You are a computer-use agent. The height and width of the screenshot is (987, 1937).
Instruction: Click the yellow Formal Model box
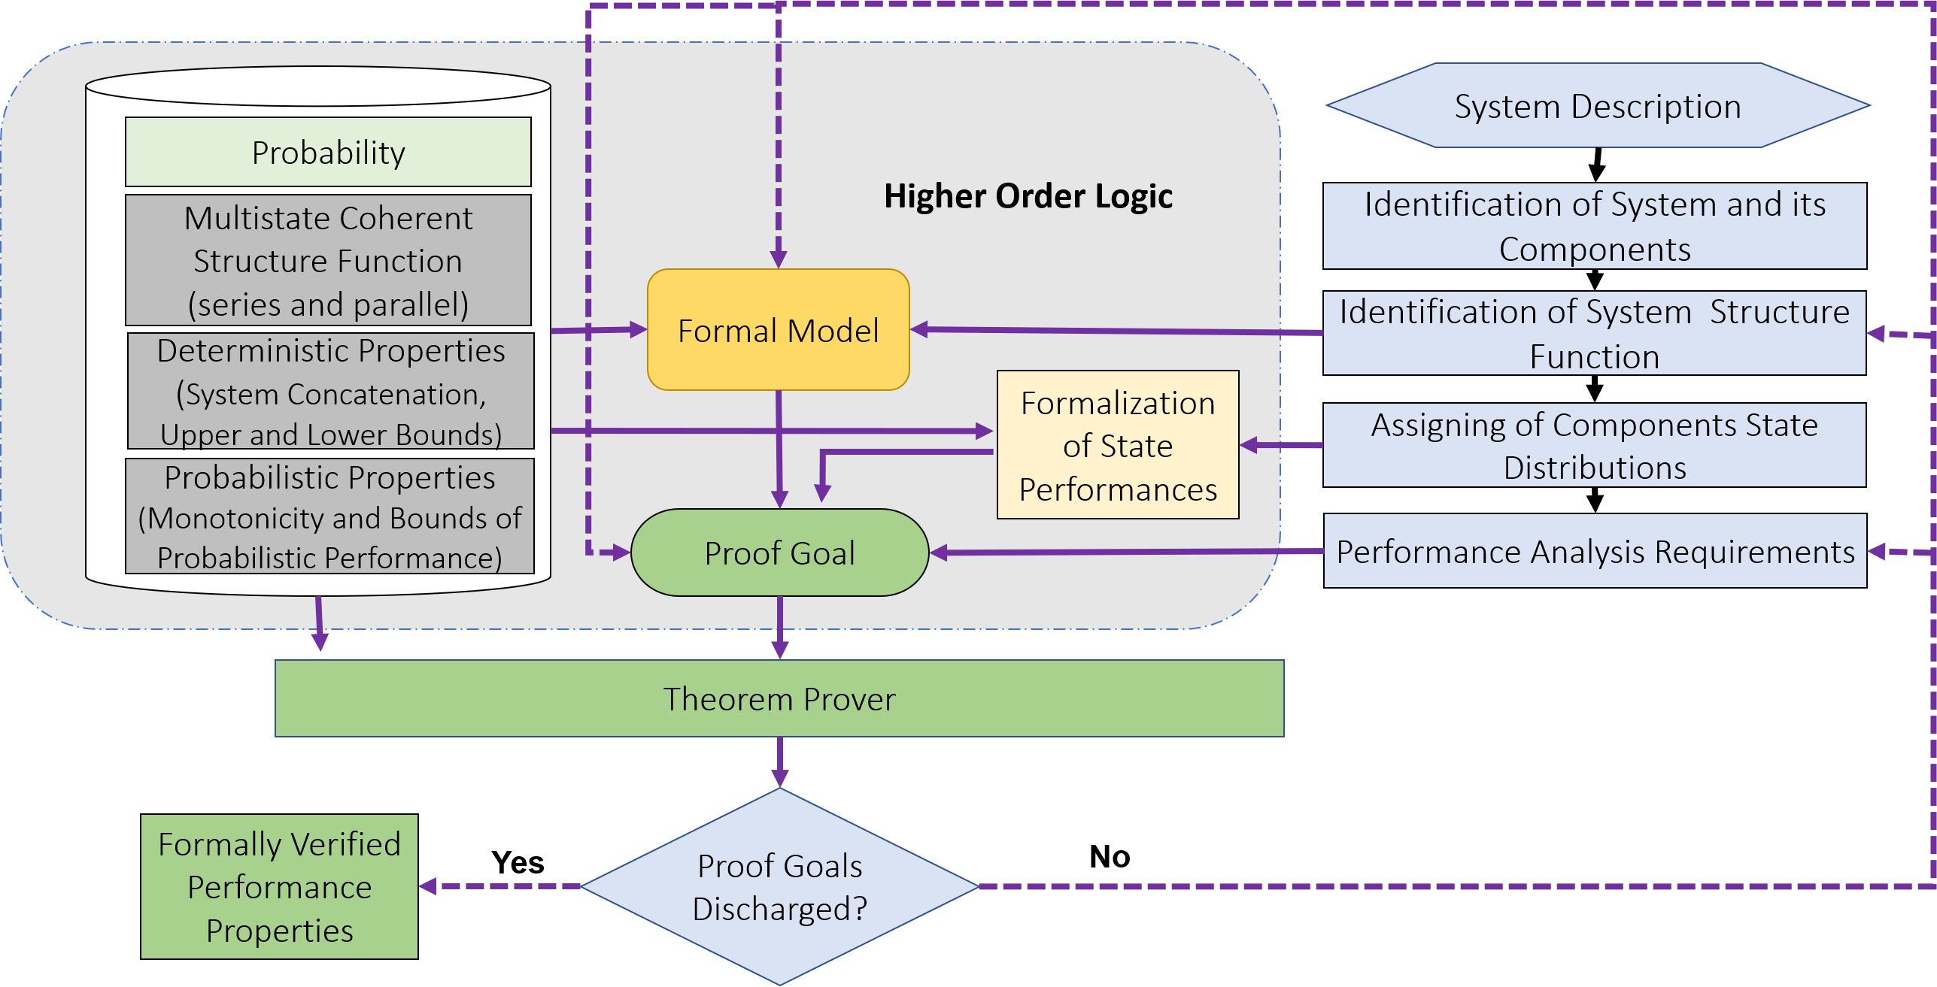pyautogui.click(x=779, y=329)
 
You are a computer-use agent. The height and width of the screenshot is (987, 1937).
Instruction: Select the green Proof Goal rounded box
pyautogui.click(x=780, y=553)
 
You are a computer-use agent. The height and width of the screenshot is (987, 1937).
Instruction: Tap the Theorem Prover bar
pyautogui.click(x=779, y=698)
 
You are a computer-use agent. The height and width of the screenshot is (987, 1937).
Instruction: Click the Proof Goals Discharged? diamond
pyautogui.click(x=780, y=886)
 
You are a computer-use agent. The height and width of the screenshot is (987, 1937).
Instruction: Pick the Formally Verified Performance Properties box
pyautogui.click(x=279, y=886)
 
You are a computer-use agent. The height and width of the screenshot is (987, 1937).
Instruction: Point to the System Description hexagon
pyautogui.click(x=1598, y=105)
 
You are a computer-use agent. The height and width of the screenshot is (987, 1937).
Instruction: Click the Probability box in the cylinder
pyautogui.click(x=328, y=152)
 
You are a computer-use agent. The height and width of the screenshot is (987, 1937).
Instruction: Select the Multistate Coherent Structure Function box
pyautogui.click(x=328, y=260)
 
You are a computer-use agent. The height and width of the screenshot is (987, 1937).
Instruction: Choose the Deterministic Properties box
pyautogui.click(x=331, y=391)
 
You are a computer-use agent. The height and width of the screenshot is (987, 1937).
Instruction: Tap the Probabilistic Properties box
pyautogui.click(x=329, y=516)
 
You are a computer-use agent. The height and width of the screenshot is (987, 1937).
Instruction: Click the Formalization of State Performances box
pyautogui.click(x=1118, y=444)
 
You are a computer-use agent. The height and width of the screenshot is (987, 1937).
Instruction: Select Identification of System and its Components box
pyautogui.click(x=1595, y=226)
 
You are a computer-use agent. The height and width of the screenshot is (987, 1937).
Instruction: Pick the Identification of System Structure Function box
pyautogui.click(x=1595, y=333)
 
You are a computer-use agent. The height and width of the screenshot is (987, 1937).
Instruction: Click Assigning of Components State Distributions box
pyautogui.click(x=1595, y=445)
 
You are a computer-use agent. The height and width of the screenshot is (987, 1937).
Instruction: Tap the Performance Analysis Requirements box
pyautogui.click(x=1595, y=550)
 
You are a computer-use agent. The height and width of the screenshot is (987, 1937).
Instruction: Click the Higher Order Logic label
pyautogui.click(x=1028, y=196)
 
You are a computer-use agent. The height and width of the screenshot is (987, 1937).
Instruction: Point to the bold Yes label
pyautogui.click(x=518, y=862)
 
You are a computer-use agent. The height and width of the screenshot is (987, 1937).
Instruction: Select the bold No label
pyautogui.click(x=1110, y=856)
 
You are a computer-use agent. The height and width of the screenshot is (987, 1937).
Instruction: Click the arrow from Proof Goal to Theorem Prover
pyautogui.click(x=780, y=628)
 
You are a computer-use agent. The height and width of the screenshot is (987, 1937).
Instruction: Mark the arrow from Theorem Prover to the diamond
pyautogui.click(x=780, y=762)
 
